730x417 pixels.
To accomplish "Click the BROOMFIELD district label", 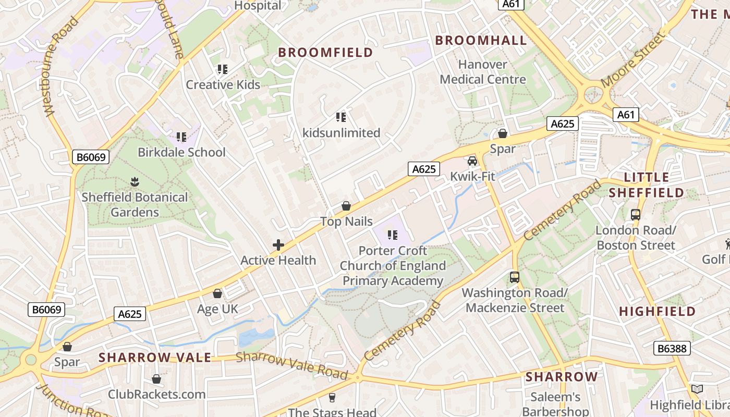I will (x=325, y=52).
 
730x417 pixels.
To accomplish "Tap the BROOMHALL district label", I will (x=481, y=41).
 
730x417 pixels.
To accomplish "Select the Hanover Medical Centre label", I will (x=483, y=72).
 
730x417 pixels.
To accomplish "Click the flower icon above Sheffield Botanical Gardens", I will (x=135, y=182).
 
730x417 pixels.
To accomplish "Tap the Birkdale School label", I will (x=181, y=152).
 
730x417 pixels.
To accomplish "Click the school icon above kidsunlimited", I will (x=341, y=117).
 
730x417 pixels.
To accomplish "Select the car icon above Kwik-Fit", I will (x=472, y=161).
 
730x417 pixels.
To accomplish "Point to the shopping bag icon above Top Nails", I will (x=346, y=206).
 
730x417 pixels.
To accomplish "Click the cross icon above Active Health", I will (x=278, y=244).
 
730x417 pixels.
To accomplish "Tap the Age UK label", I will (x=217, y=309).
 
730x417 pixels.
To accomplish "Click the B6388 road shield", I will (x=672, y=348).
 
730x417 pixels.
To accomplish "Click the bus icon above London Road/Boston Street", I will (x=636, y=214).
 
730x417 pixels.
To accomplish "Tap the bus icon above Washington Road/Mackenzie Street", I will (x=515, y=277).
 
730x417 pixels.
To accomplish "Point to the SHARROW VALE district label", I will (x=155, y=358).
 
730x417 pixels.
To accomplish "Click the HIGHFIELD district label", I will (x=657, y=312).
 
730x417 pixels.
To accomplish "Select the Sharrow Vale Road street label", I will (x=291, y=366).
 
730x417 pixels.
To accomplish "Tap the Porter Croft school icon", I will (x=393, y=235).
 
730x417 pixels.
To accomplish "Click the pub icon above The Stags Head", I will (x=332, y=398).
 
